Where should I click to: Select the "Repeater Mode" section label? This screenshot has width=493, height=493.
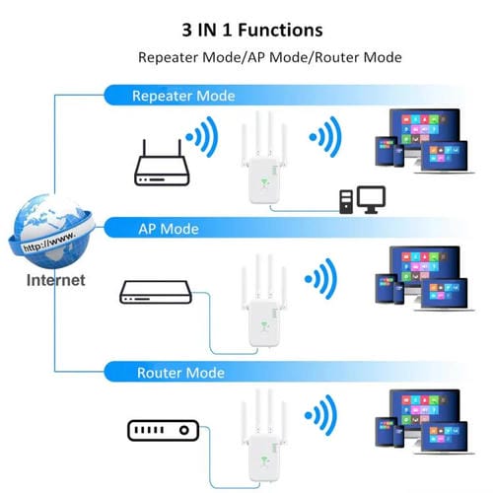184,96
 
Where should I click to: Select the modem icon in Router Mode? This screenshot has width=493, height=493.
163,430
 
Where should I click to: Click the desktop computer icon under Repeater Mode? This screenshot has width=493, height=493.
357,198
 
